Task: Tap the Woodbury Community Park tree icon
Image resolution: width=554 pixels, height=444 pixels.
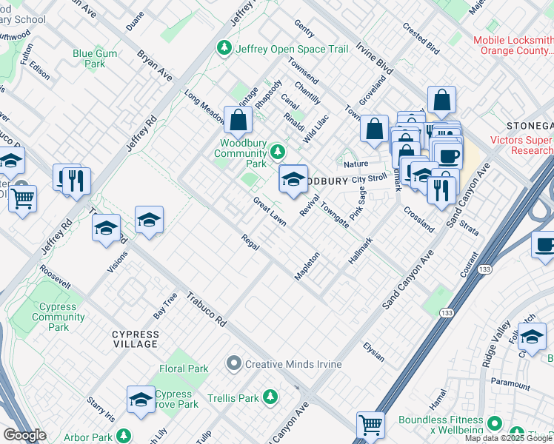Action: (x=278, y=152)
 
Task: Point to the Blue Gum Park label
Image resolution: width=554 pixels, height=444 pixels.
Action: (x=99, y=58)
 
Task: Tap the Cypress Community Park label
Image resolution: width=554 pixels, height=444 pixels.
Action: (x=58, y=317)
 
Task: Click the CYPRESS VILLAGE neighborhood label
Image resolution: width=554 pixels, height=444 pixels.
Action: (x=135, y=339)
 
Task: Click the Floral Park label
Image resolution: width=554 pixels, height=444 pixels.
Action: (x=184, y=369)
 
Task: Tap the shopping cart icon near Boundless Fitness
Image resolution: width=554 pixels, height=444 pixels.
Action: (x=370, y=425)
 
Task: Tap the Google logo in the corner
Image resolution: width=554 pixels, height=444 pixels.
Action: (x=24, y=435)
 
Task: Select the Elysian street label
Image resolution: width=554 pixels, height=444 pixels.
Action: (x=374, y=351)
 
